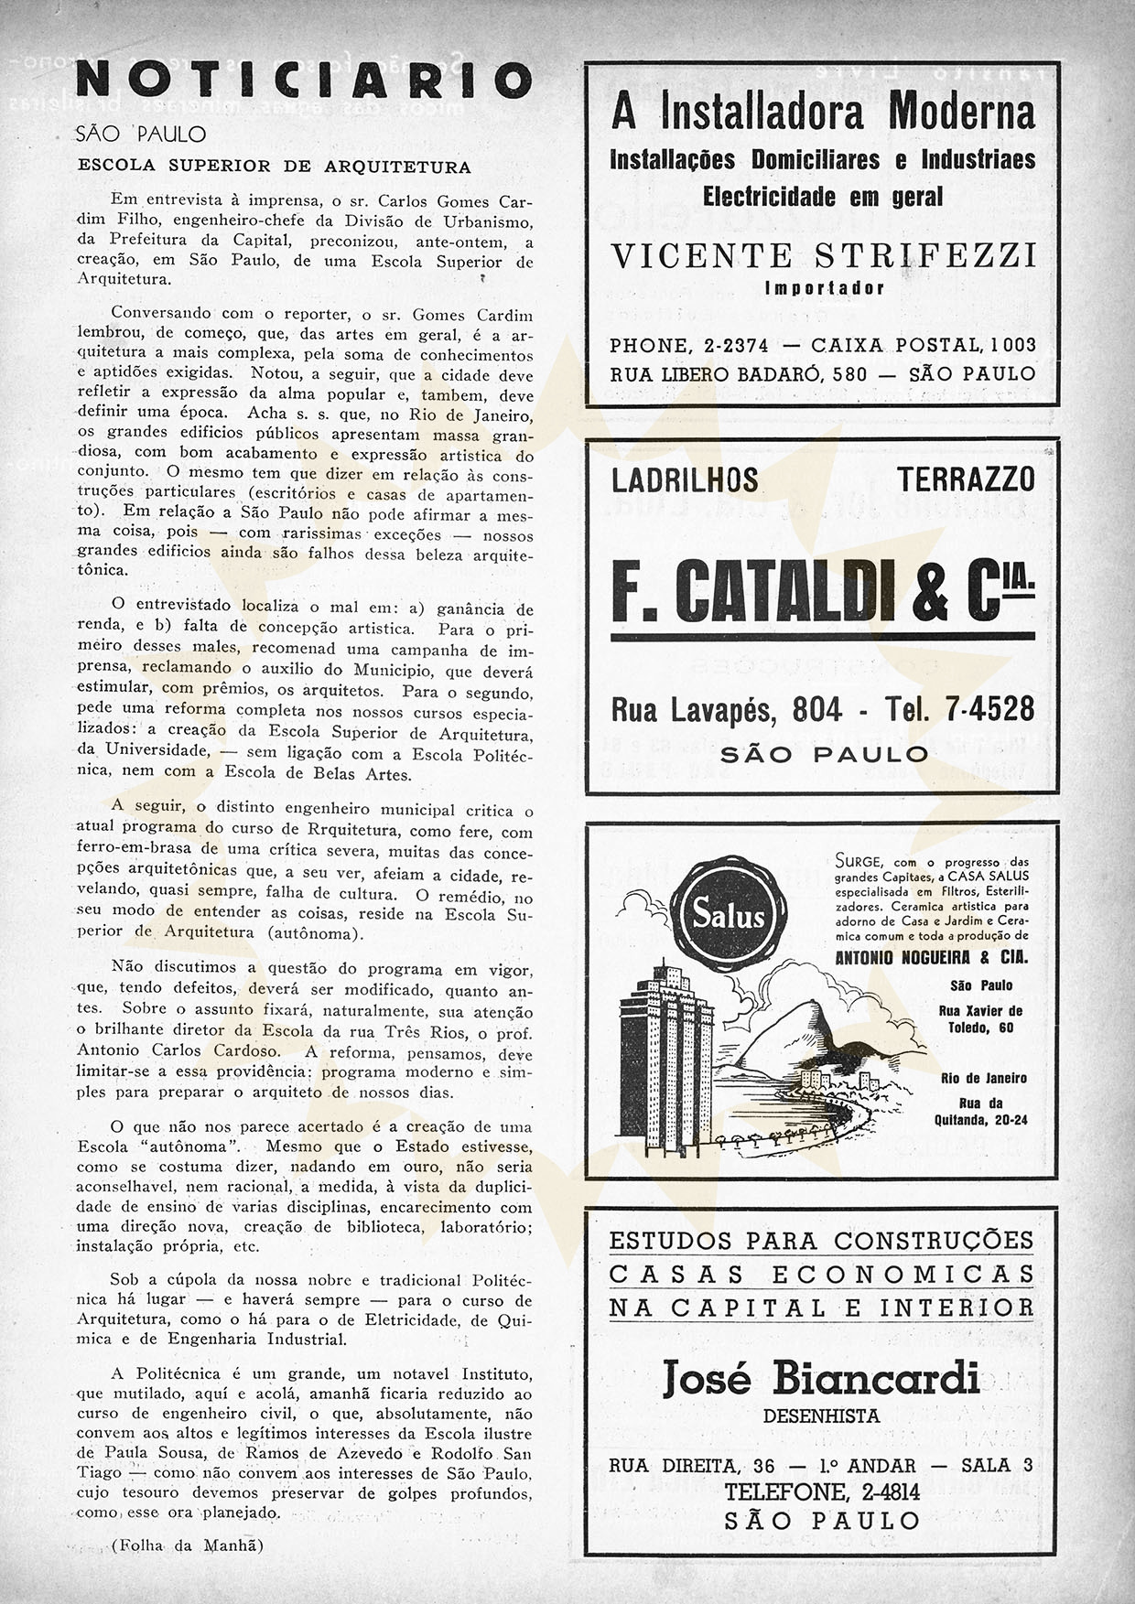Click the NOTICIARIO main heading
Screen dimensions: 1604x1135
[303, 81]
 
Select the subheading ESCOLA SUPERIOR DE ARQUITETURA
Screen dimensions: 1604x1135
[275, 167]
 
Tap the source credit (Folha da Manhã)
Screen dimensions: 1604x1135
[187, 1545]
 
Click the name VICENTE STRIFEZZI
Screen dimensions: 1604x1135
[823, 255]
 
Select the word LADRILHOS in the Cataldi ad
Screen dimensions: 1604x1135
[685, 479]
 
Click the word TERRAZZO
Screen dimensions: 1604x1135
[966, 479]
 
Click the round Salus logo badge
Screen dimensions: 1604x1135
[728, 912]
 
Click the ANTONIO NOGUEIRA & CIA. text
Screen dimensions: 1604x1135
[932, 958]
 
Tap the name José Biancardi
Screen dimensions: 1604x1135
[820, 1377]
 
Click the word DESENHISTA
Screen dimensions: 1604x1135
[821, 1416]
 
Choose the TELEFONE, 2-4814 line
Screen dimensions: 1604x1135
[821, 1492]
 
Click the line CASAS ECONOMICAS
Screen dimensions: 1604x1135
[821, 1274]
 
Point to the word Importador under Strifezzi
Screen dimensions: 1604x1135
[823, 288]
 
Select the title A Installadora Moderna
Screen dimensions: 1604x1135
[823, 112]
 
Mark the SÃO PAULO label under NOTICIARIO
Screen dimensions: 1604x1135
[142, 135]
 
